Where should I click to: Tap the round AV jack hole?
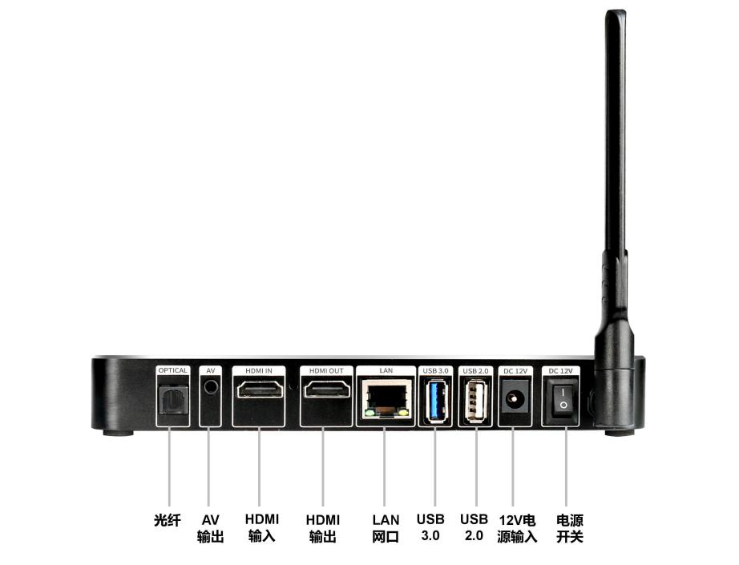tap(211, 387)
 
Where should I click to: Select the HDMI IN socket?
tap(259, 392)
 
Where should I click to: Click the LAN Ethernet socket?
tap(386, 398)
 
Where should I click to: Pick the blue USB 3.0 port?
tap(435, 398)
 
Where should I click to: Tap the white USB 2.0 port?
tap(474, 398)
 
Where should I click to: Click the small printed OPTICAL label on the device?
tap(172, 370)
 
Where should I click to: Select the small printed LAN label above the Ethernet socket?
tap(386, 370)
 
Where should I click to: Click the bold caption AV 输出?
tap(210, 528)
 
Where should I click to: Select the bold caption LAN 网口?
tap(386, 528)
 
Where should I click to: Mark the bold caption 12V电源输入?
tap(517, 528)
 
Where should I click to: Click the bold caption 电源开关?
tap(569, 528)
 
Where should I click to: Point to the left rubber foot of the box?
tap(118, 433)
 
